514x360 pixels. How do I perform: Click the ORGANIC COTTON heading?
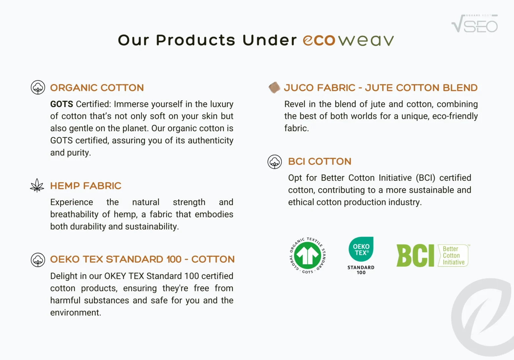coord(97,88)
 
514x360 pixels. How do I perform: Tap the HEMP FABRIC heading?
coord(86,186)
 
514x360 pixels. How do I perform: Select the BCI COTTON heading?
coord(320,161)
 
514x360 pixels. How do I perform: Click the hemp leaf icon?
coord(37,185)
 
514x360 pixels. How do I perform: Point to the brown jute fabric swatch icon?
coord(274,87)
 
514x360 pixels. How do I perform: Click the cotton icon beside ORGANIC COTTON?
coord(38,87)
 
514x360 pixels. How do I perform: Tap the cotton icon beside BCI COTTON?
coord(275,162)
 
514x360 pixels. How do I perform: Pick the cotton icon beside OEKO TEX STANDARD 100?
coord(38,260)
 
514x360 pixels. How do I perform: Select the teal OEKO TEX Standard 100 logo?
coord(361,256)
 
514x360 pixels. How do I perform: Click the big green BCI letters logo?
coord(415,256)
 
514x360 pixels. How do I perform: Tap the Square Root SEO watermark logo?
coord(475,23)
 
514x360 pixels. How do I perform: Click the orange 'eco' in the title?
coord(319,41)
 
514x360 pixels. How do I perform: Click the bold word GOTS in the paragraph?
coord(62,104)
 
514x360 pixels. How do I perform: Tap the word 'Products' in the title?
coord(195,40)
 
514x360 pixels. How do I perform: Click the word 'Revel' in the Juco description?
coord(295,104)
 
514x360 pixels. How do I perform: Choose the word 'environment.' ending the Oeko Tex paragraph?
coord(76,312)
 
